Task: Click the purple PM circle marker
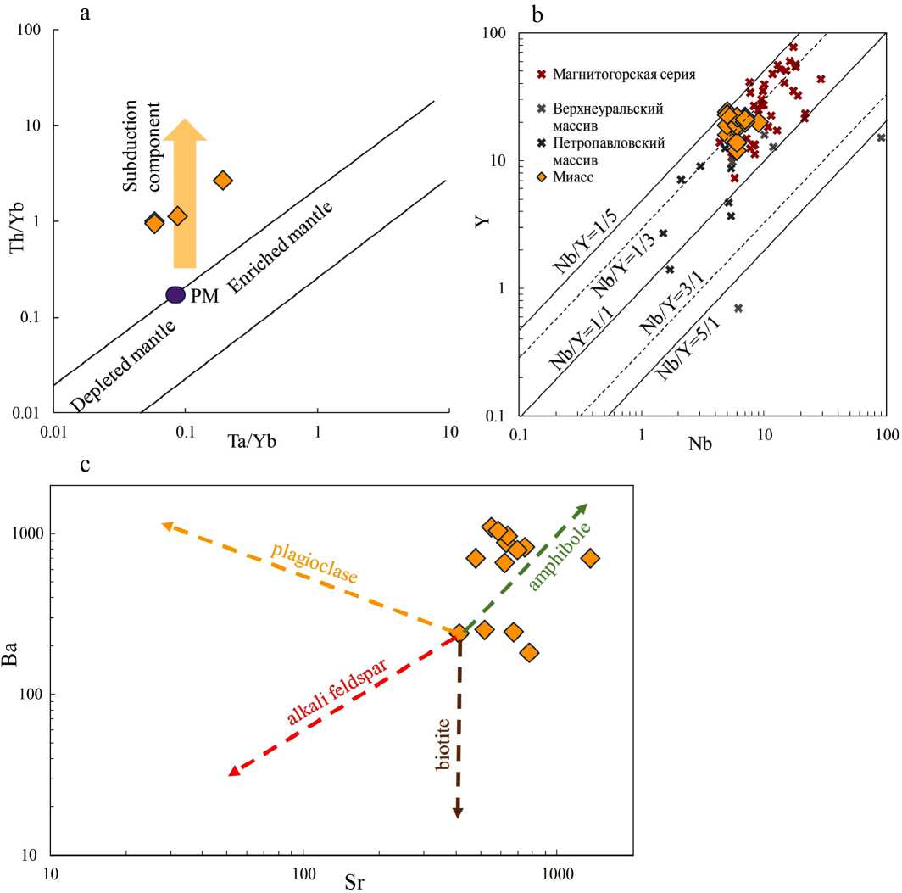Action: click(x=175, y=295)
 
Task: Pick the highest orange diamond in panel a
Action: click(x=222, y=180)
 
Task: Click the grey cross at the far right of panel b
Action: click(x=881, y=137)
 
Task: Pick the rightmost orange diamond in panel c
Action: click(x=590, y=558)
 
